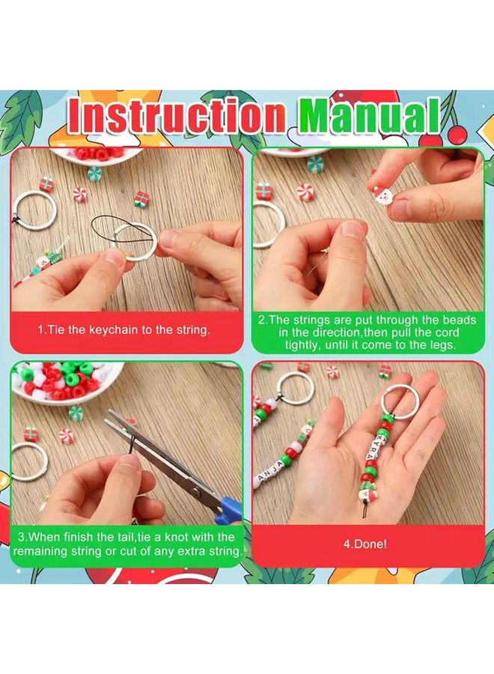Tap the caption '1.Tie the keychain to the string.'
click(124, 330)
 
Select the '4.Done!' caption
click(365, 544)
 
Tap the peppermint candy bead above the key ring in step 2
click(304, 192)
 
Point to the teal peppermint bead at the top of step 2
click(315, 164)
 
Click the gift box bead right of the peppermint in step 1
click(141, 198)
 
